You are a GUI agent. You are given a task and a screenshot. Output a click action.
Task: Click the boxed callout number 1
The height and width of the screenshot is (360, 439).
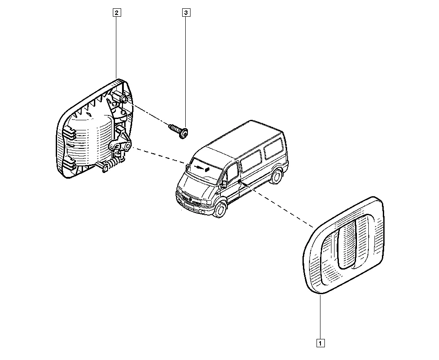click(x=320, y=343)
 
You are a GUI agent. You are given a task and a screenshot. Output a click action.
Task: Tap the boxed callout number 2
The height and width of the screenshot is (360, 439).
click(x=116, y=13)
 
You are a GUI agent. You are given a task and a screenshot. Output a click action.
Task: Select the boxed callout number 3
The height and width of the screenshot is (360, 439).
click(x=186, y=13)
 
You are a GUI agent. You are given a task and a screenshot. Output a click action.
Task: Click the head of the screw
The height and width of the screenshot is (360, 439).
click(x=184, y=133)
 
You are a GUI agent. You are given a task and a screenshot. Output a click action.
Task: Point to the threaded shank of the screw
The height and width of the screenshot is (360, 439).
click(x=174, y=129)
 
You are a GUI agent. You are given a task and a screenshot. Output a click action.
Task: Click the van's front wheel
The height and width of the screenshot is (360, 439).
click(x=220, y=210)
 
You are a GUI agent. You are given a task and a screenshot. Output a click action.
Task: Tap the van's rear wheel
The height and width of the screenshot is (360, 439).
click(x=277, y=176)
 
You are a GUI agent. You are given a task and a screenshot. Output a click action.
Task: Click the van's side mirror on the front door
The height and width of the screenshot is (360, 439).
click(x=224, y=184)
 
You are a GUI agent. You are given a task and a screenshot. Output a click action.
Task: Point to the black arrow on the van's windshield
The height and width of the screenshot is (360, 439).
click(x=202, y=168)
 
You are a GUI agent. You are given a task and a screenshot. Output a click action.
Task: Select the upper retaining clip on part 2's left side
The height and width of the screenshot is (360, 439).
click(x=70, y=132)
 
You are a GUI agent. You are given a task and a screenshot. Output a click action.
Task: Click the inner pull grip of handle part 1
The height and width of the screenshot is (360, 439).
click(x=347, y=244)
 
